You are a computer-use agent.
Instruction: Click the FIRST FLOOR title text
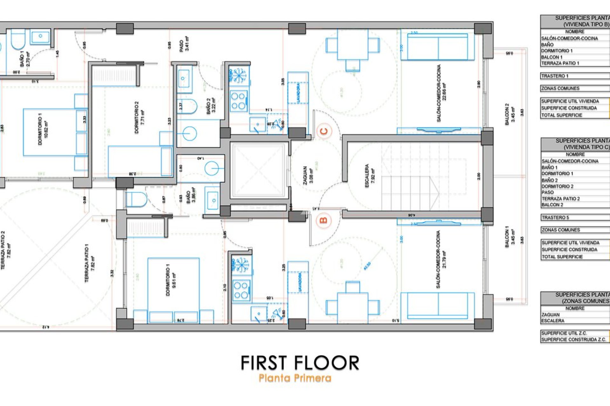pos(300,363)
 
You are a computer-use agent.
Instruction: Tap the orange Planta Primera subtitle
pos(295,378)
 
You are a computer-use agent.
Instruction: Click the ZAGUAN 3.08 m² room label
pos(308,175)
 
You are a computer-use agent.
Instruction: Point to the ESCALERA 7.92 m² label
pos(370,175)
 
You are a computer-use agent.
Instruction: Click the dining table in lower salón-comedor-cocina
pos(352,304)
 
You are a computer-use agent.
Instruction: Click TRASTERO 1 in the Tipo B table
pos(555,76)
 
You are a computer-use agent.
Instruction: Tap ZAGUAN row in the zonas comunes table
pos(551,314)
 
